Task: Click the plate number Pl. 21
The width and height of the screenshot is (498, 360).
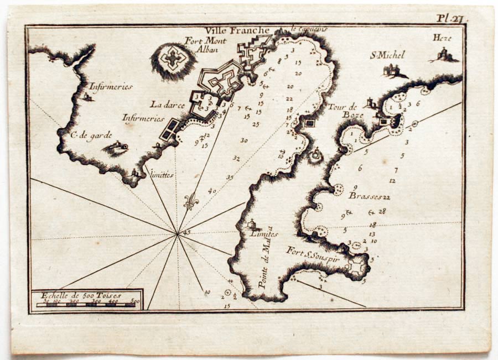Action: click(451, 18)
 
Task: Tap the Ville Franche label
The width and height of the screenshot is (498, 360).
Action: click(237, 31)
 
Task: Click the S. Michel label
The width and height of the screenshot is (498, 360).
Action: click(387, 55)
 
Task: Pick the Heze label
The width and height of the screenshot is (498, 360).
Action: click(443, 38)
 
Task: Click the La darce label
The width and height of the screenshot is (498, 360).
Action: click(164, 103)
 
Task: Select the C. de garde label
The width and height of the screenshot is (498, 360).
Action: click(91, 134)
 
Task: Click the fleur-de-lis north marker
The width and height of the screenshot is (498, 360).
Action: click(191, 202)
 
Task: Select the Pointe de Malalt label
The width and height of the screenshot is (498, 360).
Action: click(266, 260)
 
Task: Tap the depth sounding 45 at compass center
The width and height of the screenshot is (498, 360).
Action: click(186, 232)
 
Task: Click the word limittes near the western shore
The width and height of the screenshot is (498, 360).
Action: click(162, 174)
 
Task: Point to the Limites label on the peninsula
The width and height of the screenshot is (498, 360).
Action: click(263, 234)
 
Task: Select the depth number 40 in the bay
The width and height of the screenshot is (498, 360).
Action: click(212, 191)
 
